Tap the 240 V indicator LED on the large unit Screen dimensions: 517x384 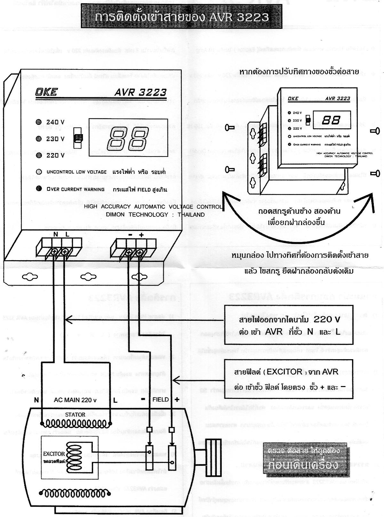tap(39, 122)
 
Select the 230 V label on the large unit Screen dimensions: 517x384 tap(55, 139)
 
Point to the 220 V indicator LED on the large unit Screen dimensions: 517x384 tap(39, 155)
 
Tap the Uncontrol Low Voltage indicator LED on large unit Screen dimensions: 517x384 tap(39, 172)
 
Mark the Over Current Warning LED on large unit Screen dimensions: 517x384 tap(39, 189)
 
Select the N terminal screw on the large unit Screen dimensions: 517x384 tap(54, 252)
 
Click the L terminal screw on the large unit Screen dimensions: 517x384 tap(65, 252)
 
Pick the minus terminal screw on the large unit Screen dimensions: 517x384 tap(129, 253)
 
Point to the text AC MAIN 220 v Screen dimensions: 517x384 tap(75, 400)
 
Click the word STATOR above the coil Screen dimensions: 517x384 tap(75, 415)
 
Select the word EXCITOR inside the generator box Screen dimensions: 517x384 tap(54, 454)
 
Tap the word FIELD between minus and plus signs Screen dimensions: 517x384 tap(160, 400)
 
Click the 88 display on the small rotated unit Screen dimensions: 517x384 tap(331, 120)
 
